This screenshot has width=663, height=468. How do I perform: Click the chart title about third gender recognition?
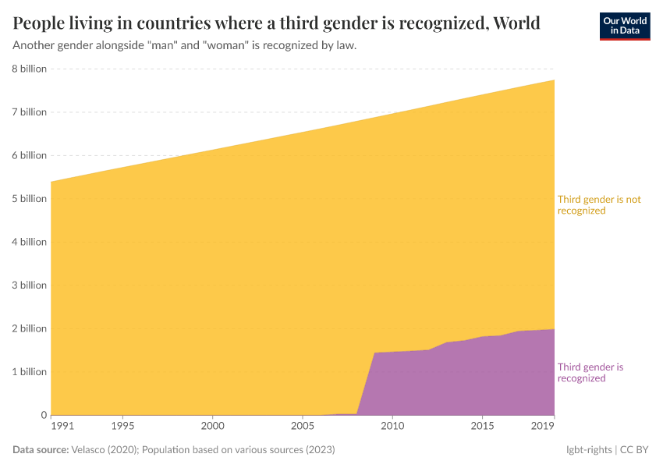pos(277,22)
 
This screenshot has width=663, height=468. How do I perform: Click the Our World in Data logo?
pos(624,26)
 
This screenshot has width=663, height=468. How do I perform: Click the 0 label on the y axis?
pos(44,415)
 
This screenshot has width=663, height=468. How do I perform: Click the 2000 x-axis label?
pos(213,426)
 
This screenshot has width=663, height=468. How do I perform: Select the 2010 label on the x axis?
pos(392,426)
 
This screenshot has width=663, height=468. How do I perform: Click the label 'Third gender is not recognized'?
pos(598,205)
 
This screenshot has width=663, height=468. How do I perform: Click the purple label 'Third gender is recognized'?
pos(590,373)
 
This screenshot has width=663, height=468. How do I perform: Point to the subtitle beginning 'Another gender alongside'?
pos(185,45)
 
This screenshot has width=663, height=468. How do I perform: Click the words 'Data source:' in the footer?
pos(41,450)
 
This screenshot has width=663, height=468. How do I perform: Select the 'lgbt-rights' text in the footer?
pos(589,450)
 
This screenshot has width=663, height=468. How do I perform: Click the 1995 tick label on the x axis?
pos(122,426)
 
